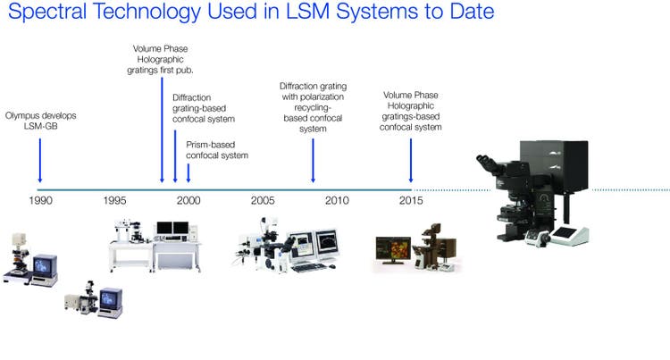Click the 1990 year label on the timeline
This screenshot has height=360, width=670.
coord(40,200)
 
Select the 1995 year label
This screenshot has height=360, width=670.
coord(113,200)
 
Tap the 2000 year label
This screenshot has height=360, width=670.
coord(188,200)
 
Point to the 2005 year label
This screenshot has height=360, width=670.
coord(263,200)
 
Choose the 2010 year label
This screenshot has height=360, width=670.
coord(337,200)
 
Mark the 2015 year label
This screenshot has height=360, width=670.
coord(411,200)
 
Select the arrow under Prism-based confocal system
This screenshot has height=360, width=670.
coord(188,172)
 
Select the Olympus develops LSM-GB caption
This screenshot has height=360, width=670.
coord(39,121)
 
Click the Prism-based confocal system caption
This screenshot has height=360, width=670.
coord(217,149)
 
